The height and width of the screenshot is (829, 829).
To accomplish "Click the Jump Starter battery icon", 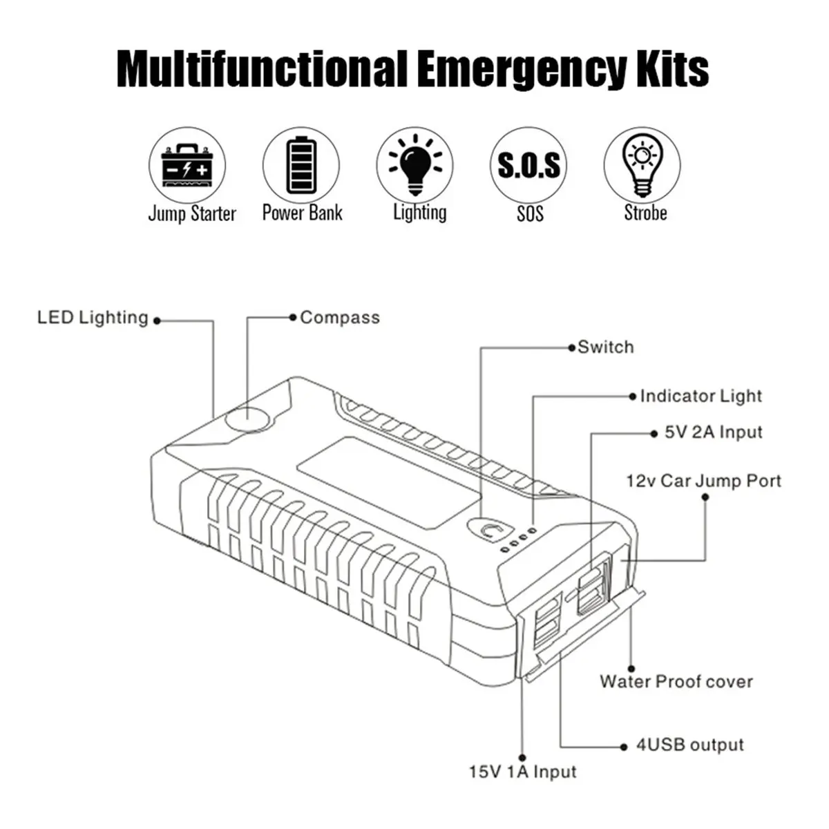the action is point(187,166).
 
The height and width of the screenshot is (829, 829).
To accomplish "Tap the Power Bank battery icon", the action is point(301,166).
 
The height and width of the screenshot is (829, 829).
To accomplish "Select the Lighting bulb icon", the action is point(414,166).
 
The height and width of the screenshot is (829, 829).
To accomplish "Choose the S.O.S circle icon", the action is point(529,166).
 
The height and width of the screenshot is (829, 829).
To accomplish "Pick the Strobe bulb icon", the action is point(642,166).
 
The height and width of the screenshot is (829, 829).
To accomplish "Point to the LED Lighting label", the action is point(93,318).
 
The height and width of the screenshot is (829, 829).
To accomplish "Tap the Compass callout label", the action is point(339,318).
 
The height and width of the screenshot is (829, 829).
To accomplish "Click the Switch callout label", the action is point(605,347).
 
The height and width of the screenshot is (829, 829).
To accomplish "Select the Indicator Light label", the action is point(701,397).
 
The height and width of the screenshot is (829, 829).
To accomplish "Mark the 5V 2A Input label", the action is point(713,432).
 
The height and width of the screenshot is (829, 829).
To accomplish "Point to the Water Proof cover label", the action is point(676,682).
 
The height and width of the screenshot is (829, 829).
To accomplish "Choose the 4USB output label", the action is point(689,745).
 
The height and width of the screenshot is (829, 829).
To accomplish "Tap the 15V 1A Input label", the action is point(522,772).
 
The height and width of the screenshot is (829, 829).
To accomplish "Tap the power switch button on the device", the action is point(490,530).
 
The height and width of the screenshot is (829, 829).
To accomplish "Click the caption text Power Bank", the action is point(302,213).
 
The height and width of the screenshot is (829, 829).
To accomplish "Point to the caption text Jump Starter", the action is point(192,213).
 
